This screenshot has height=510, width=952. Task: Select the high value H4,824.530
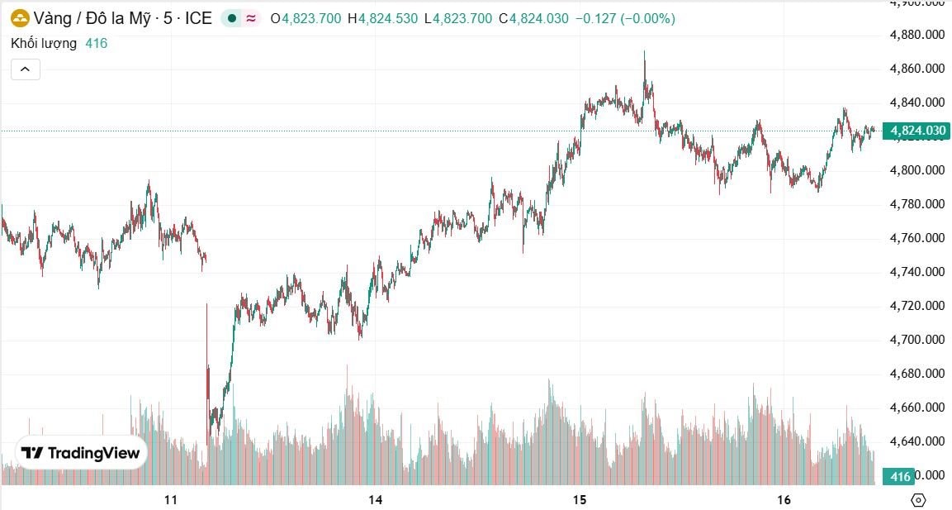click(x=382, y=18)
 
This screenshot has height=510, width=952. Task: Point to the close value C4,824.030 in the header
click(x=533, y=18)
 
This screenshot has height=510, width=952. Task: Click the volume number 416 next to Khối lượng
click(x=96, y=43)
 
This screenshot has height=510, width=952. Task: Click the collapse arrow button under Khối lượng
click(x=26, y=69)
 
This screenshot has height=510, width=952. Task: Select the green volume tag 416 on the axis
click(x=900, y=476)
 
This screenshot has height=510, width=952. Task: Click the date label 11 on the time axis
click(x=171, y=499)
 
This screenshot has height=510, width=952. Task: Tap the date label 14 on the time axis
click(x=376, y=499)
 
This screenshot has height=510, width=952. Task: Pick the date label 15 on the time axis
click(x=580, y=499)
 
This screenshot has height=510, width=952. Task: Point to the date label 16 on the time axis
click(x=784, y=499)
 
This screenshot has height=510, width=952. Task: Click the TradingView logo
click(x=81, y=453)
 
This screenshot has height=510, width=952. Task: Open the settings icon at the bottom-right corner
click(x=918, y=499)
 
